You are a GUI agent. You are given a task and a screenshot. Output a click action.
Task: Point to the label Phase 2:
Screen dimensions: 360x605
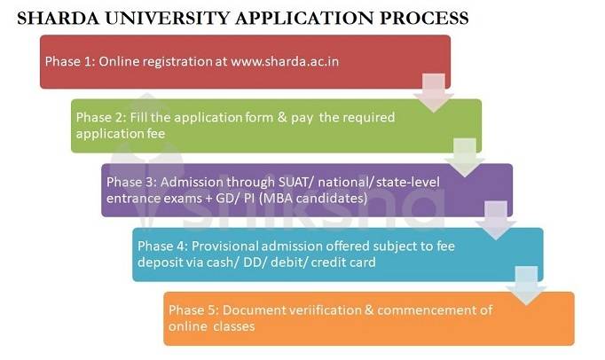(100, 117)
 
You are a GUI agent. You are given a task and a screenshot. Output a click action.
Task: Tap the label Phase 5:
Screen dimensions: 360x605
(192, 310)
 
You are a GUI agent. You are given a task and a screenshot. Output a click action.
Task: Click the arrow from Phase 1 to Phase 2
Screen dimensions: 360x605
(434, 93)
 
